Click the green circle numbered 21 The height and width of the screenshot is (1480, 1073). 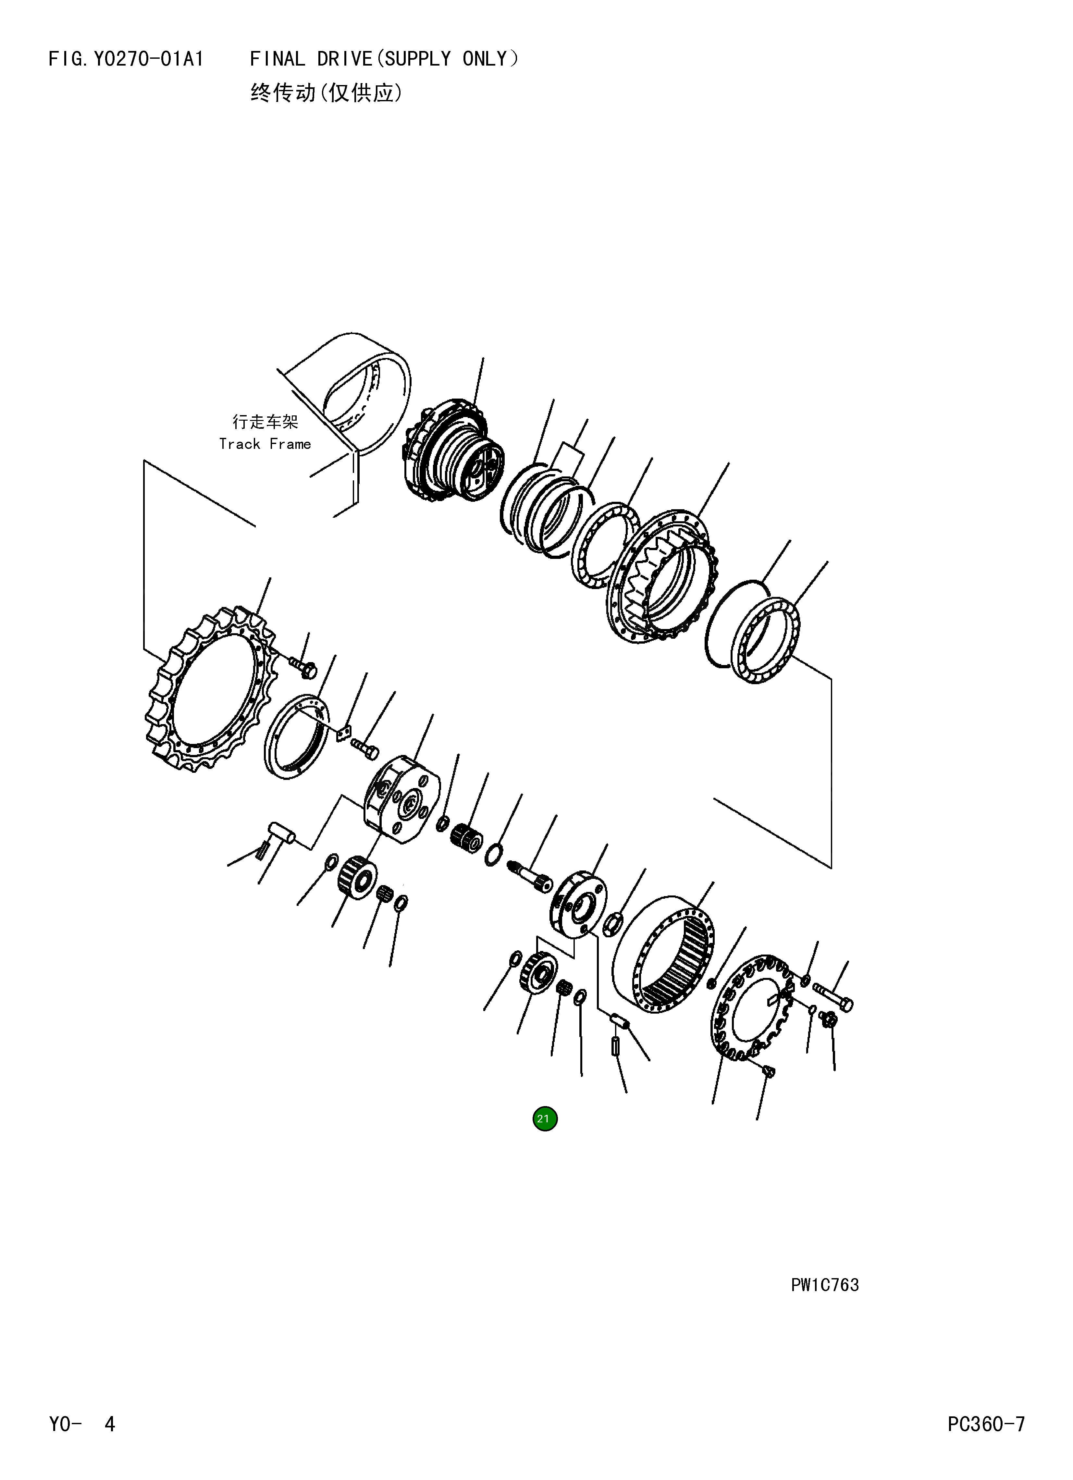(545, 1118)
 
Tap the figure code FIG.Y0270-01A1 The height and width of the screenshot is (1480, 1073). (126, 59)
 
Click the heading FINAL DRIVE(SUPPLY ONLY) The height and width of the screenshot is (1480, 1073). (384, 59)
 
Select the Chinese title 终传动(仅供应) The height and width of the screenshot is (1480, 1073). (326, 93)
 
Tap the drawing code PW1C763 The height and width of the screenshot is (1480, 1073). (825, 1285)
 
